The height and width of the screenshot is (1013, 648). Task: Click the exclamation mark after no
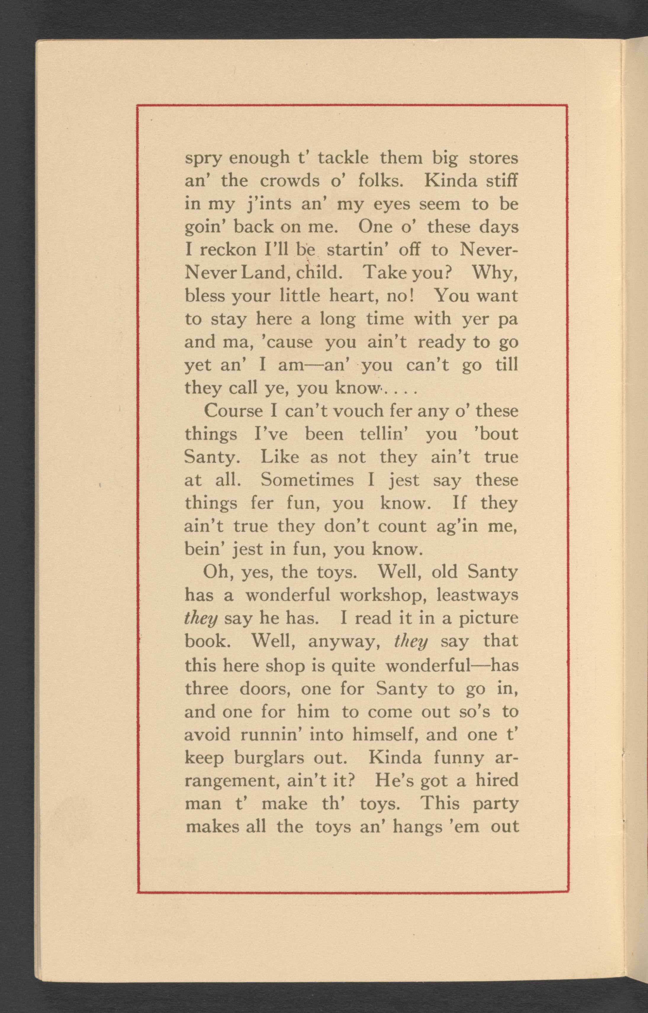coord(414,296)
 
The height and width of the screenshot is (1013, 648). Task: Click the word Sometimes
coord(307,480)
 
